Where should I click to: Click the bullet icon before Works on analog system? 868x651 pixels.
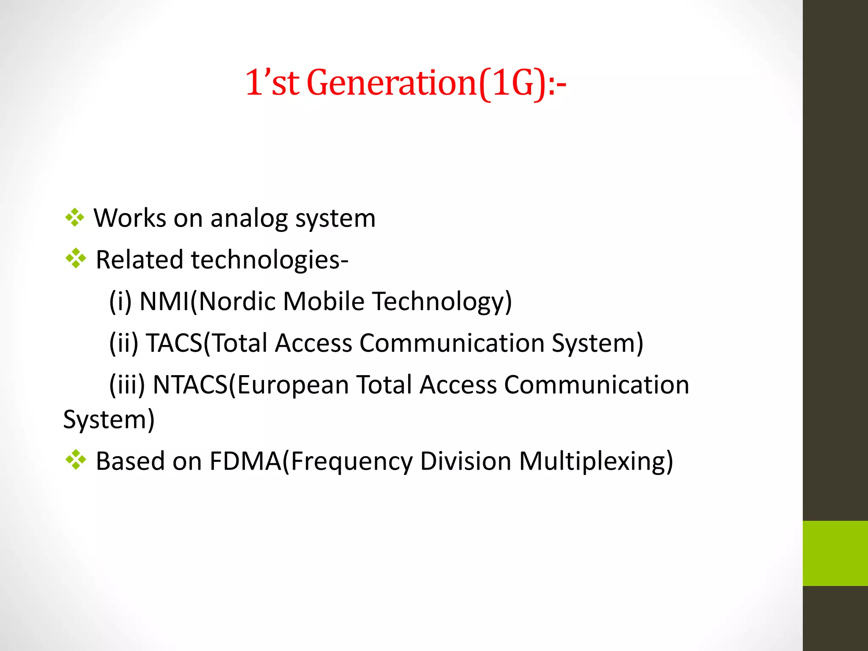coord(75,218)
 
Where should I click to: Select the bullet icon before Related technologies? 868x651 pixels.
coord(76,259)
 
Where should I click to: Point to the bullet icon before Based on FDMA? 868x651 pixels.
coord(76,460)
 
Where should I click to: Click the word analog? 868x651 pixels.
coord(249,219)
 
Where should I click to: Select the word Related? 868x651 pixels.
coord(140,259)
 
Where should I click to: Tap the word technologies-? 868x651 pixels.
coord(270,260)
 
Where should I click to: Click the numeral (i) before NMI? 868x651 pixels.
coord(120,301)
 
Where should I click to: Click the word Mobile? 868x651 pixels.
coord(324,301)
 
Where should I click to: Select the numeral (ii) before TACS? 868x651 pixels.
coord(124,343)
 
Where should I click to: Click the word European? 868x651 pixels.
coord(293,385)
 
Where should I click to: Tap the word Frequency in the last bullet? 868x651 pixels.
coord(352,461)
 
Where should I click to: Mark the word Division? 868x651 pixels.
coord(466,461)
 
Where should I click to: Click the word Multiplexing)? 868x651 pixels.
coord(596,461)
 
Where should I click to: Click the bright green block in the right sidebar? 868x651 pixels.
coord(835,553)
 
